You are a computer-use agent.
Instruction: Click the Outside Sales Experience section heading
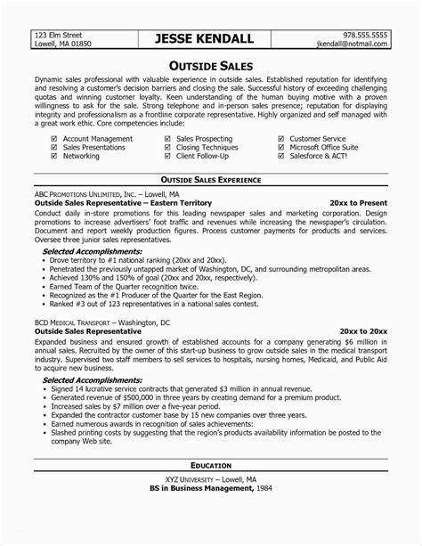pyautogui.click(x=211, y=179)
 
